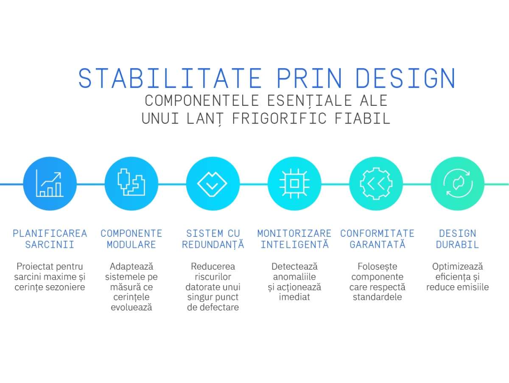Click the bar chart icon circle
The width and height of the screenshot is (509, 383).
(x=50, y=184)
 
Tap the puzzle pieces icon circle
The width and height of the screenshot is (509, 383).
(x=131, y=184)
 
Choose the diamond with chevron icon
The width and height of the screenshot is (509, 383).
(x=213, y=184)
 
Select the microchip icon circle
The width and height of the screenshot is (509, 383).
(x=294, y=184)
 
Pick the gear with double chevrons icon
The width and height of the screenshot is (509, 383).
(x=375, y=184)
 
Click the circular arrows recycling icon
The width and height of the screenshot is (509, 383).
(x=457, y=184)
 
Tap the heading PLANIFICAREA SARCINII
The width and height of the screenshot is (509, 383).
(x=50, y=239)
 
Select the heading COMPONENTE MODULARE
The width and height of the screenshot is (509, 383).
(x=131, y=239)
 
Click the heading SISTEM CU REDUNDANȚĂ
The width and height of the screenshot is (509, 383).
(x=213, y=239)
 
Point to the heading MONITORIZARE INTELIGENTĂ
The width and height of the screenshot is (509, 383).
(x=294, y=239)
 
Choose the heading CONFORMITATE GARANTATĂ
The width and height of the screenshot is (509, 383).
(x=377, y=239)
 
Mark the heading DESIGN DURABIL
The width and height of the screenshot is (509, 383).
(x=457, y=239)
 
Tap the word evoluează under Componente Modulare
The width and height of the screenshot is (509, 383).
(x=131, y=307)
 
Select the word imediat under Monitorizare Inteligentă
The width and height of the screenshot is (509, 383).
(x=294, y=297)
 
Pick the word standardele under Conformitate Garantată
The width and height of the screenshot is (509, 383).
(x=377, y=297)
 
